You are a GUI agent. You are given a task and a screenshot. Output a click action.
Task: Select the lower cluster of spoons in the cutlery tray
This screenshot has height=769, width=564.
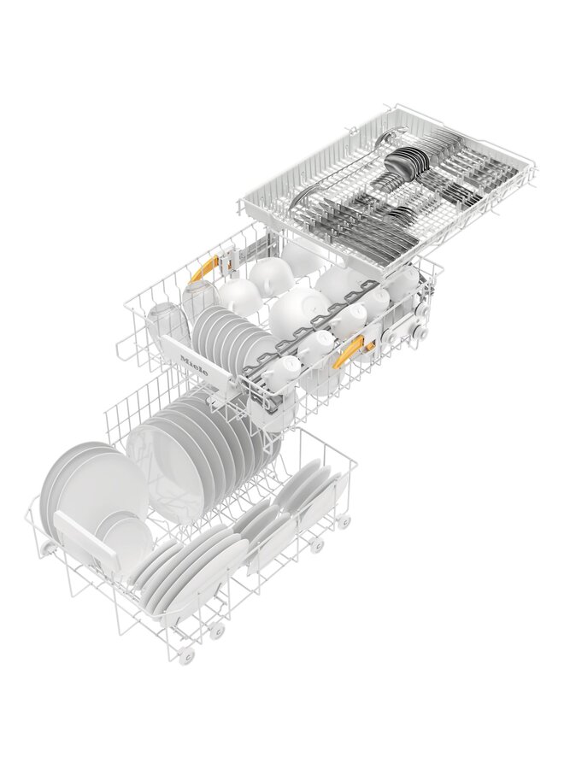coord(396,214)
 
